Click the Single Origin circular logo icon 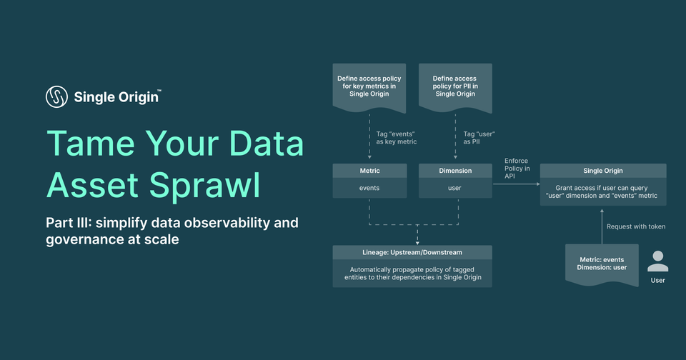click(57, 96)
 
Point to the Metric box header click(369, 171)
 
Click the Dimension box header click(455, 171)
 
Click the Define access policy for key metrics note click(369, 86)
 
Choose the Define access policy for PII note click(455, 86)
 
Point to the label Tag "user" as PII click(479, 137)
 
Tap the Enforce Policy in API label click(517, 169)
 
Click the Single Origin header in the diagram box click(602, 171)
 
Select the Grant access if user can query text click(602, 191)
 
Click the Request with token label click(635, 226)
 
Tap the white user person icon click(657, 261)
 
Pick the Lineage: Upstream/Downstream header click(412, 252)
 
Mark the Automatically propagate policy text click(412, 272)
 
